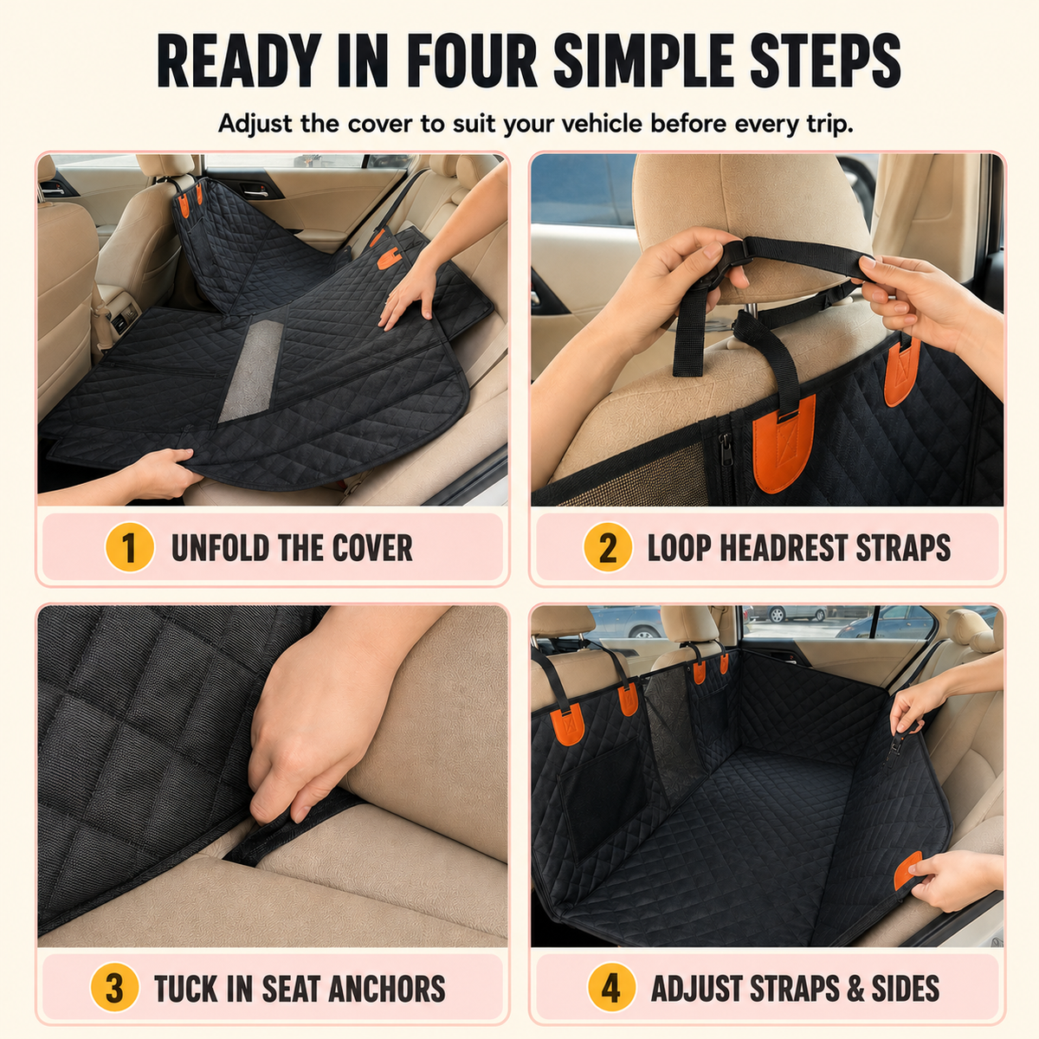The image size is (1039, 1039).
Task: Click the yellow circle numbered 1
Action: pos(129,546)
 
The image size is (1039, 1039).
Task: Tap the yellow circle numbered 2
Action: pos(608,546)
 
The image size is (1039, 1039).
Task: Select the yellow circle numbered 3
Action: pos(115,988)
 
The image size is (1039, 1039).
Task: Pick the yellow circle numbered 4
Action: pos(611,988)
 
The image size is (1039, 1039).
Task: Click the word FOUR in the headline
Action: pos(473,61)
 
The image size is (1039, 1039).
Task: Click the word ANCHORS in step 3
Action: pos(386,989)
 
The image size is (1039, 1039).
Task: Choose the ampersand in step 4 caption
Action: pos(855,989)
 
